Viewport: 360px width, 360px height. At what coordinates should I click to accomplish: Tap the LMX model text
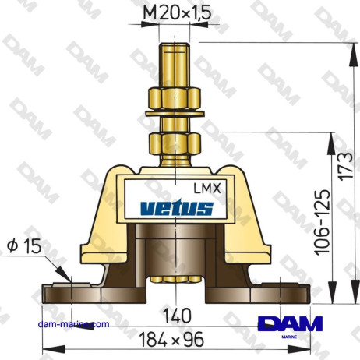206,187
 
